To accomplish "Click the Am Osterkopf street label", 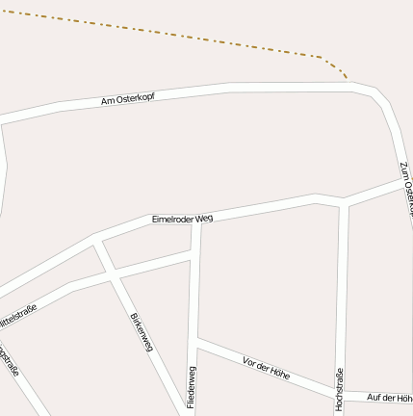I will click(128, 99).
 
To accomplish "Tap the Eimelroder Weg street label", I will click(182, 220).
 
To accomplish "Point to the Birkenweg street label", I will click(141, 332).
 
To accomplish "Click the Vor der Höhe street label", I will click(267, 367).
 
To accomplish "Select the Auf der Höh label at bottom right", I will click(390, 397).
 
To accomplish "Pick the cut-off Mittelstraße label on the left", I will click(16, 314).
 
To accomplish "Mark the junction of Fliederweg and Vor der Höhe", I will click(195, 339).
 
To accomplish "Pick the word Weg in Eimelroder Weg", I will click(203, 218).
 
